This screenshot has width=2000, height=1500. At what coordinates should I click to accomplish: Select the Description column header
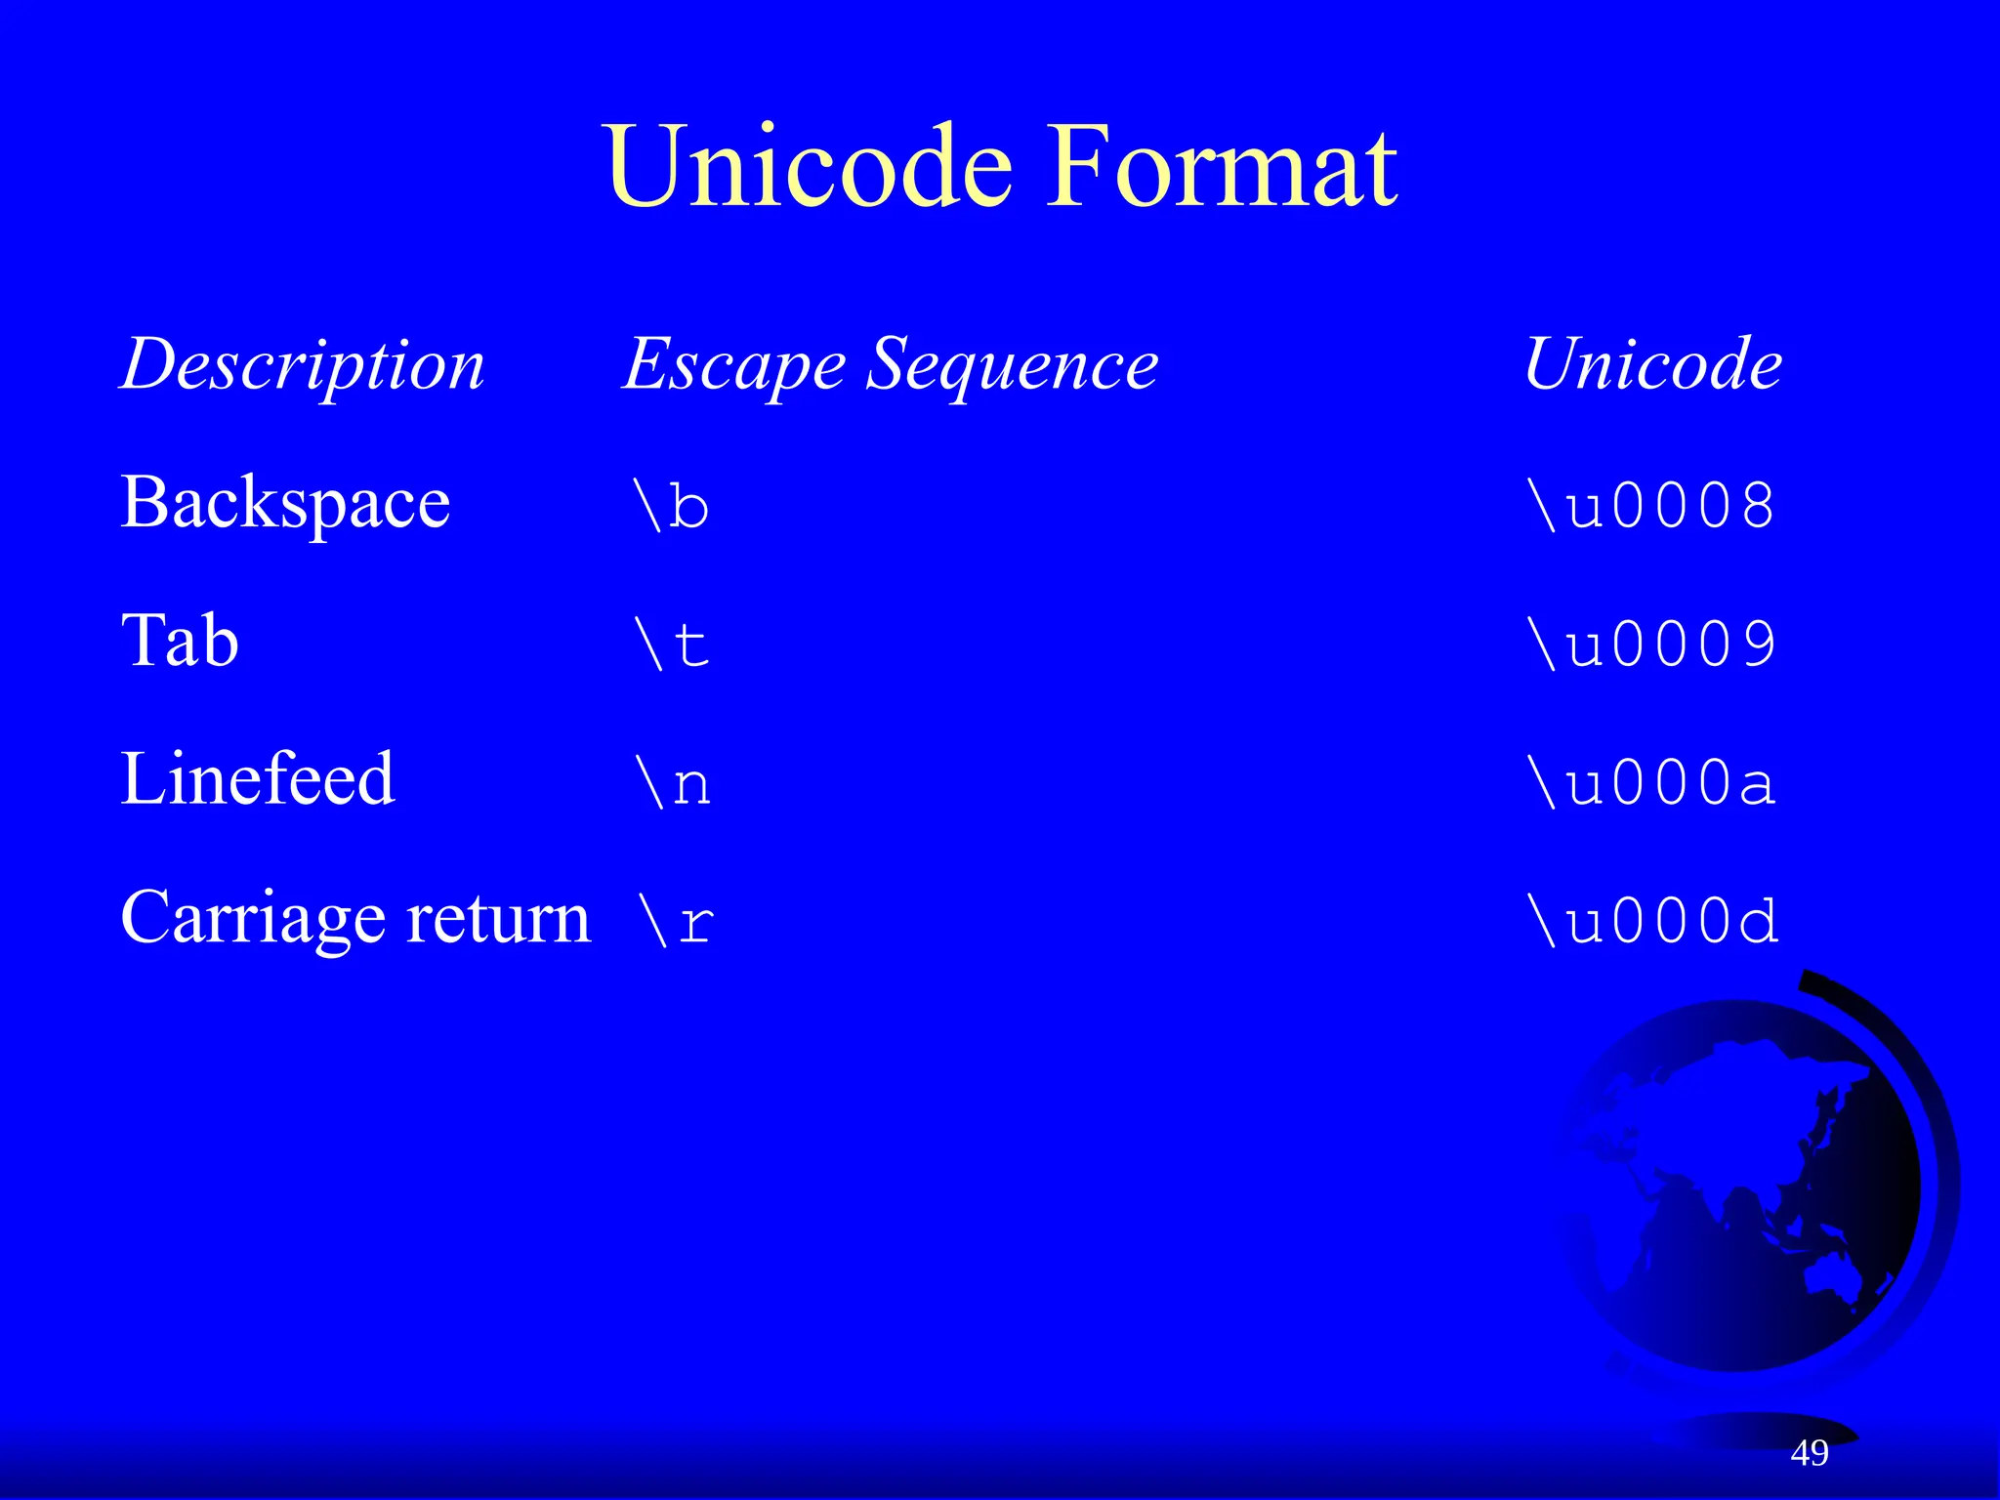click(303, 365)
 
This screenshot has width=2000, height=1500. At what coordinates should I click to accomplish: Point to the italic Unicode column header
click(1652, 363)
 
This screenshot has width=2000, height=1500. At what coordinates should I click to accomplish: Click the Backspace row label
click(285, 504)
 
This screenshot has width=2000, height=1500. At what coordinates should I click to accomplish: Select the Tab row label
click(180, 641)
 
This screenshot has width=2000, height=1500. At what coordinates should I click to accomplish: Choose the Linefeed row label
click(258, 779)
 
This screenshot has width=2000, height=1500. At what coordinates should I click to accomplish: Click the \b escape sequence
click(672, 506)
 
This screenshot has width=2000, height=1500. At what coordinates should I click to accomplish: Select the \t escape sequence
click(672, 645)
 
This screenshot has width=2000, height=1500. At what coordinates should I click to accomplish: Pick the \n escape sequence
click(673, 783)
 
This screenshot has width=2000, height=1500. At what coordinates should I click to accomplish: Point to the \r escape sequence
click(675, 922)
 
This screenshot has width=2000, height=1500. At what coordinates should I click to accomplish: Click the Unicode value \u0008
click(1651, 506)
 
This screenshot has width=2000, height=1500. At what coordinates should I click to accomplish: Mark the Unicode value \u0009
click(1651, 645)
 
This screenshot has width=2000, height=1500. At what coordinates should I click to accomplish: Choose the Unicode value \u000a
click(1651, 783)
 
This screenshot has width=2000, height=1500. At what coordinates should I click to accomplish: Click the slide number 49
click(1810, 1452)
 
